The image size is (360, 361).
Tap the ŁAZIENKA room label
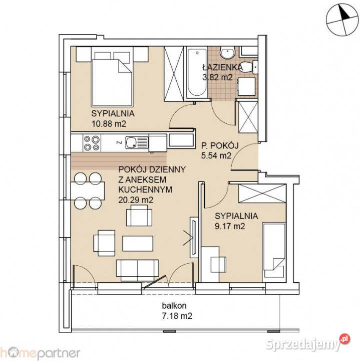coord(222,67)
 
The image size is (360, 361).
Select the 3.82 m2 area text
coord(217,77)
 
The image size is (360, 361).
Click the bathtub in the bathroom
coord(196,73)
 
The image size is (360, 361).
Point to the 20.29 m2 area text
coord(135,200)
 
